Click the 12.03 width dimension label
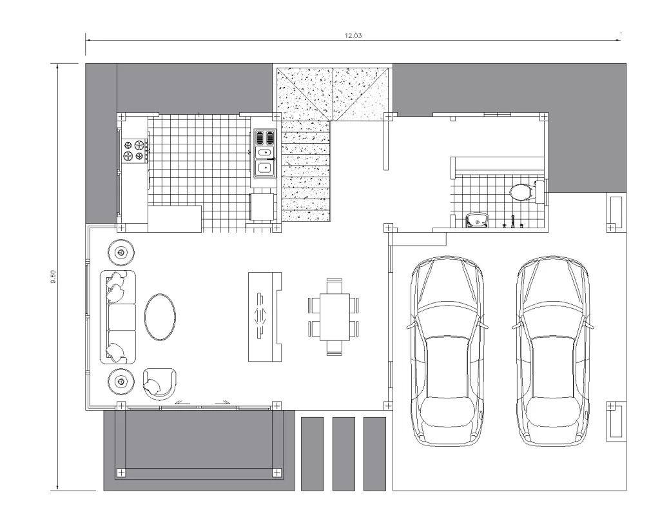tap(353, 36)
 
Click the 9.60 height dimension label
tap(53, 277)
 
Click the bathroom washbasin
tap(478, 220)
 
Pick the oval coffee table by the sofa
tap(160, 317)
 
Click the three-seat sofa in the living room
tap(118, 317)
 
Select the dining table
tap(335, 317)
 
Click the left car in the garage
tap(447, 350)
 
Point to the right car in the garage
tap(552, 350)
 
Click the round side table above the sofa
tap(121, 253)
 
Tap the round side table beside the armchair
tap(121, 382)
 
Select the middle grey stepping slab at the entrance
tap(344, 454)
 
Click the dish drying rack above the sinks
tap(264, 137)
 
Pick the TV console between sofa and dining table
tap(265, 317)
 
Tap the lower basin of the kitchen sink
tap(264, 168)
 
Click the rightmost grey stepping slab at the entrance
tap(374, 454)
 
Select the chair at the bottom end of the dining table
tap(335, 348)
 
